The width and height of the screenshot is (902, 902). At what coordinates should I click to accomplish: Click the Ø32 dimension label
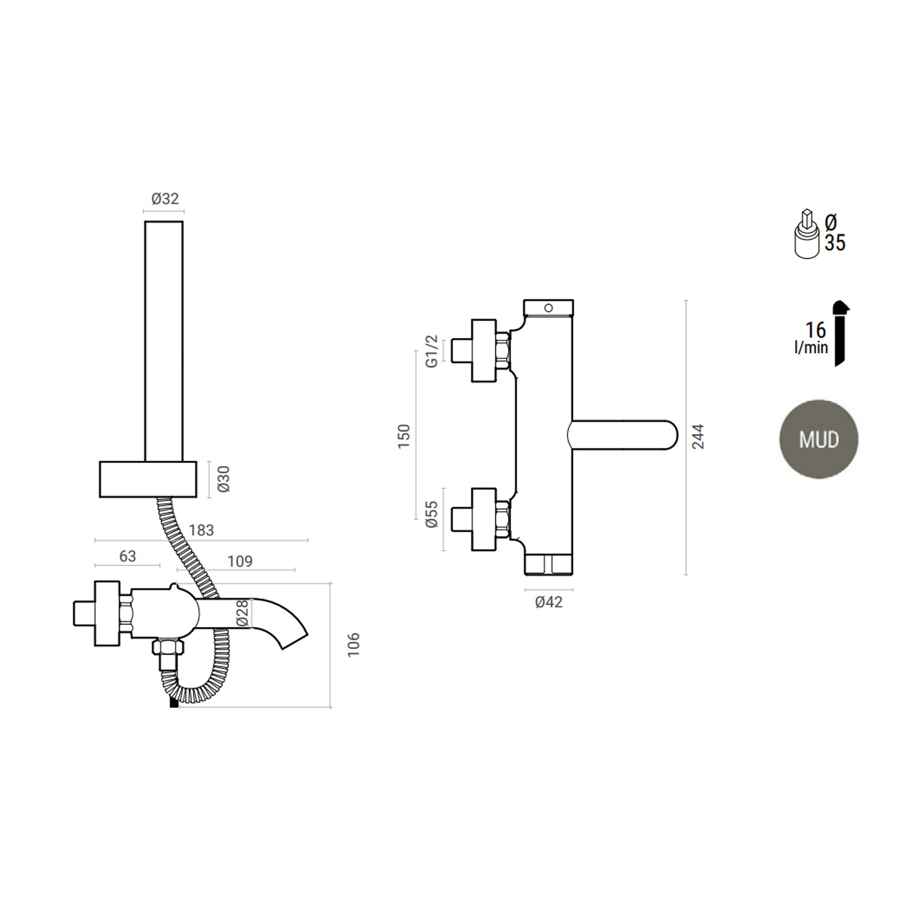pos(165,198)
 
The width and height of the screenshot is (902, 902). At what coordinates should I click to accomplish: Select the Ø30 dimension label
pos(224,479)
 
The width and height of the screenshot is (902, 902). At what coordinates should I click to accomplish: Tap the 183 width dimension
pos(201,530)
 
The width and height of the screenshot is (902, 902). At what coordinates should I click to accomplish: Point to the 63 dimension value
pos(127,556)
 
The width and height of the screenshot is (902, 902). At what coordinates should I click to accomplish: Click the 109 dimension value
pos(239,562)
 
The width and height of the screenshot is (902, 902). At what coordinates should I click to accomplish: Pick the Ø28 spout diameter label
pos(242,613)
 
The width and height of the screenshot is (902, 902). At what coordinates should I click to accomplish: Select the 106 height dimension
pos(354,644)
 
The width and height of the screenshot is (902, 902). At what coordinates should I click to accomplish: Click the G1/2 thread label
pos(431,352)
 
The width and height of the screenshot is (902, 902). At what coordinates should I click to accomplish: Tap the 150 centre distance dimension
pos(404,436)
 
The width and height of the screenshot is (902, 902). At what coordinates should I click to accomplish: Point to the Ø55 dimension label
pos(431,515)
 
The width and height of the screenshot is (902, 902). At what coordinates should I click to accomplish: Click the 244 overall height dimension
pos(698,437)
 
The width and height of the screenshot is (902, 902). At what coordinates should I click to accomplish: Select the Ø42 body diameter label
pos(548,602)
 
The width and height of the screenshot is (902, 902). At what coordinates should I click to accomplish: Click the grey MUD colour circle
pos(818,440)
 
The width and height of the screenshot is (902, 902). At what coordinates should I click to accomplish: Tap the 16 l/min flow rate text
pos(812,337)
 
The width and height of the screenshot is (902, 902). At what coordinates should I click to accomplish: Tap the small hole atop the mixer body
pos(548,308)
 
